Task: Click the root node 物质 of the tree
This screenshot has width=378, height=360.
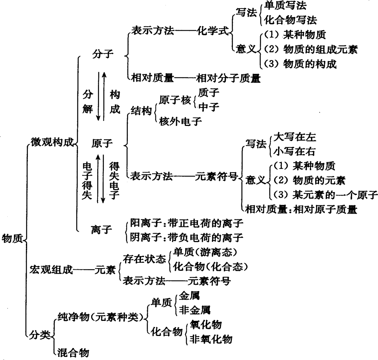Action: [x=12, y=239]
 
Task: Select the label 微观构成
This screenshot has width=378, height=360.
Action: [x=52, y=142]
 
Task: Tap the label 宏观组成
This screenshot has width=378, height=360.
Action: [x=51, y=269]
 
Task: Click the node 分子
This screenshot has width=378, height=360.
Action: [x=103, y=53]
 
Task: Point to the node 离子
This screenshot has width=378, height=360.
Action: [x=101, y=229]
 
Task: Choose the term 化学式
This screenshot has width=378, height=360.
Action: [x=213, y=31]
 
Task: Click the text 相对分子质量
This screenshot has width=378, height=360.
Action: [x=229, y=78]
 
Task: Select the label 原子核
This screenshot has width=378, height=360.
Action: [x=175, y=100]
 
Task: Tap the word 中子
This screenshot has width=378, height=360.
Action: [x=209, y=107]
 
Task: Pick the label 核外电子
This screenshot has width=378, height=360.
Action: [x=180, y=121]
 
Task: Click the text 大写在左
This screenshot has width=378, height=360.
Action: [x=295, y=137]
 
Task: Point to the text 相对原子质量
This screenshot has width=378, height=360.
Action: [x=325, y=209]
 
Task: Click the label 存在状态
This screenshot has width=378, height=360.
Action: [x=144, y=259]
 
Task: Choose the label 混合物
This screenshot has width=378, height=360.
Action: [x=73, y=353]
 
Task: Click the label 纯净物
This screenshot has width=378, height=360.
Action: [x=74, y=317]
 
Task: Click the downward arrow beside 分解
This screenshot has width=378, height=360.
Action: [x=98, y=96]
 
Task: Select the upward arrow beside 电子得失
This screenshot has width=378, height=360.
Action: [x=98, y=179]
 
